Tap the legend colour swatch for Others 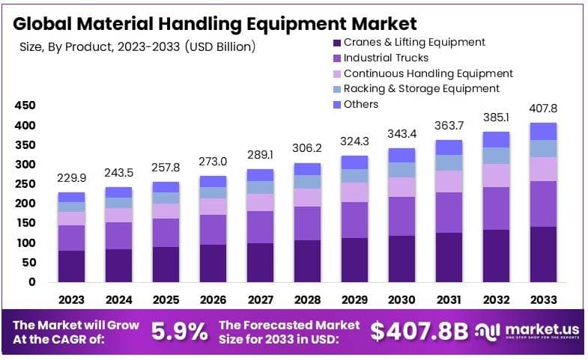(x=336, y=104)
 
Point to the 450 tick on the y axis (x=25, y=106)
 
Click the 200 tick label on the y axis (x=25, y=204)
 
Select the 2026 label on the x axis (x=213, y=299)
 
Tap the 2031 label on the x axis (x=449, y=299)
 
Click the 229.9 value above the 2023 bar (x=72, y=178)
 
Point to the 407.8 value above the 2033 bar (x=543, y=108)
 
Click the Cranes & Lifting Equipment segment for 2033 (x=543, y=254)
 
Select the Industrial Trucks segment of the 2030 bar (x=401, y=216)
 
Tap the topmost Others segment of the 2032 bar (x=496, y=139)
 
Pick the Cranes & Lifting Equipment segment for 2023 (x=72, y=266)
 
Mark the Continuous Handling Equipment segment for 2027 (x=261, y=202)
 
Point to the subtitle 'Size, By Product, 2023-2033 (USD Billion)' (x=137, y=46)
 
